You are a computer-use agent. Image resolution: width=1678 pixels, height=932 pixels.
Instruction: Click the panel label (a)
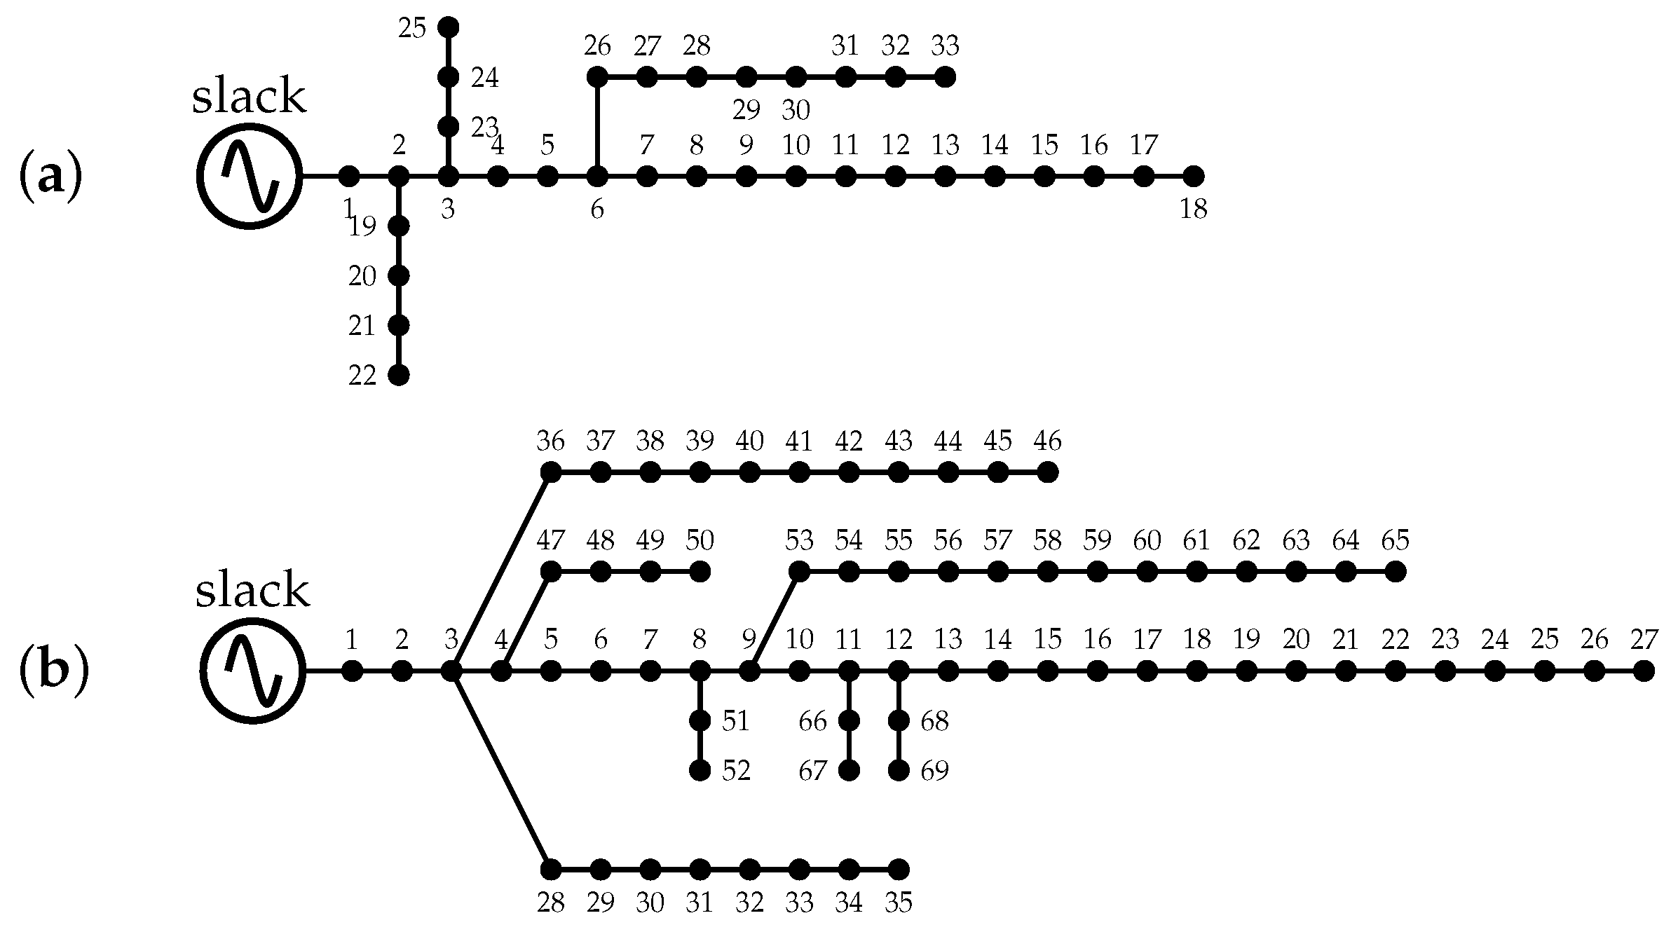(50, 177)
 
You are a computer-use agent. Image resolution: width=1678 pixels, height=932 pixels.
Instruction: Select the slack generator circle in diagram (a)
(249, 176)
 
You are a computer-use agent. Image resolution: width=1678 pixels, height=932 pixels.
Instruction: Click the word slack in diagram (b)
(252, 591)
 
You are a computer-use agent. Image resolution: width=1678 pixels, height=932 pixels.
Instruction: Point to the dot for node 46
(1047, 473)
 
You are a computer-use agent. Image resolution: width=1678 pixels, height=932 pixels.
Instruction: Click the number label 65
(1395, 541)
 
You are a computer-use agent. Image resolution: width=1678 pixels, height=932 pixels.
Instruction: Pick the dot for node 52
(700, 771)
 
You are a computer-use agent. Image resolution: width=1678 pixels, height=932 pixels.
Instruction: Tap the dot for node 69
(899, 771)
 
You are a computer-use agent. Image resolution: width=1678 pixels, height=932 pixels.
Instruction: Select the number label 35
(899, 903)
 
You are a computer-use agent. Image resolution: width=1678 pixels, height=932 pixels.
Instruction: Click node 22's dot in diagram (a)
(399, 376)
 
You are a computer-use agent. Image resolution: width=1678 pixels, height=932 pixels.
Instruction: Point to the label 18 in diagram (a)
(1193, 209)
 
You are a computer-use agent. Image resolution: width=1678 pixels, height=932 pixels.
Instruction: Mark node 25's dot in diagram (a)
(449, 27)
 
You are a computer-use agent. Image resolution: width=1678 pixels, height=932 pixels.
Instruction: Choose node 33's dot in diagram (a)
(945, 77)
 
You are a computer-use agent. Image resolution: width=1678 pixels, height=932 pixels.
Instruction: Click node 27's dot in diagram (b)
(1644, 671)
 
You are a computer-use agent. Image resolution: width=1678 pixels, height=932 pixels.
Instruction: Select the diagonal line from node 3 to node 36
(501, 572)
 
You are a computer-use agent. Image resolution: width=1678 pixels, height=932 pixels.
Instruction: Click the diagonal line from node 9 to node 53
(775, 622)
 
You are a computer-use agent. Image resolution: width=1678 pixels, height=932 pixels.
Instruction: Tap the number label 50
(700, 541)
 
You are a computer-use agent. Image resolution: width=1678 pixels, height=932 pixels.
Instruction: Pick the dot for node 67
(849, 771)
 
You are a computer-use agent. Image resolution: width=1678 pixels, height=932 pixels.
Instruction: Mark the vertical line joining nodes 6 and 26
(597, 126)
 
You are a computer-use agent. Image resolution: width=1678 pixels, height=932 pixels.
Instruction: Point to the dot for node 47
(551, 572)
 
